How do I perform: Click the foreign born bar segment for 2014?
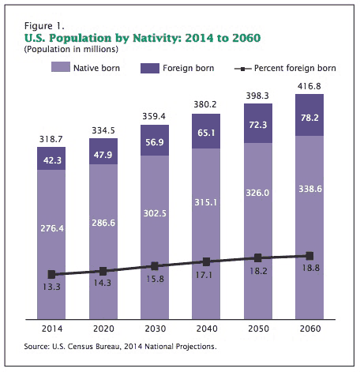(x=51, y=158)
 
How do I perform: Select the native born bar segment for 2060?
(x=309, y=227)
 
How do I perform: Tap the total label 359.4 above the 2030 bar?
(x=154, y=116)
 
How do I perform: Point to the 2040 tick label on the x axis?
(x=207, y=329)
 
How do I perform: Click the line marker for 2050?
(x=258, y=258)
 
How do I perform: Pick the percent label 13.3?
(x=51, y=287)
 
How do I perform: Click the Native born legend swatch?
(x=61, y=67)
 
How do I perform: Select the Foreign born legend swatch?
(x=150, y=68)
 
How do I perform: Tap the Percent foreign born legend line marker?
(x=242, y=69)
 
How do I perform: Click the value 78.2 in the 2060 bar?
(x=309, y=118)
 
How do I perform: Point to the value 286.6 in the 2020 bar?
(x=103, y=223)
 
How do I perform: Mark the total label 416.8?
(x=309, y=86)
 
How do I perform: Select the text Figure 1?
(x=44, y=26)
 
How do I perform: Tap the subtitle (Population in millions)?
(x=71, y=49)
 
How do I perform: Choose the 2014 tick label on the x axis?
(x=52, y=329)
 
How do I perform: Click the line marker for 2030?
(x=155, y=266)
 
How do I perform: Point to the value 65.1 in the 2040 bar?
(x=206, y=133)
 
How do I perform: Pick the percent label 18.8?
(x=311, y=268)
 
